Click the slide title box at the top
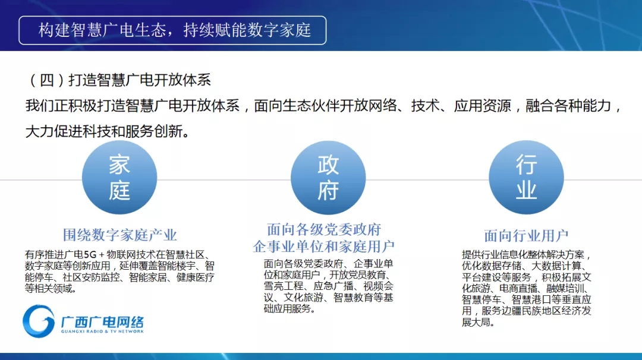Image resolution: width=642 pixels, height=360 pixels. click(172, 30)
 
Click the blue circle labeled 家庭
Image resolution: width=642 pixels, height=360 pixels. click(119, 178)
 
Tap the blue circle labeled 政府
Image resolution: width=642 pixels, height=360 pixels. click(328, 178)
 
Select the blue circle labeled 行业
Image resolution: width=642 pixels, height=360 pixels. click(526, 178)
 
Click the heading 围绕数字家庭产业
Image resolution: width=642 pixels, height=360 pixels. click(119, 235)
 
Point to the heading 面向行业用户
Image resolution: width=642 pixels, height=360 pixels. click(526, 236)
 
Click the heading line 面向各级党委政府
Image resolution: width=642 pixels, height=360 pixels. click(324, 229)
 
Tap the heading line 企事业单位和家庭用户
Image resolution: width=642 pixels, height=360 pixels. click(324, 247)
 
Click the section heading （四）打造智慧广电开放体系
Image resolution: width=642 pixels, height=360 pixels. click(119, 80)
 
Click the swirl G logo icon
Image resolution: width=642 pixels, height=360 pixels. click(39, 321)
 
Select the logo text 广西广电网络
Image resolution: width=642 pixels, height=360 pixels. click(102, 321)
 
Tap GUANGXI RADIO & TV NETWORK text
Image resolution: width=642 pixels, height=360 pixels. click(102, 331)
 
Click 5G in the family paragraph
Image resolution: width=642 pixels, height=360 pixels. click(90, 254)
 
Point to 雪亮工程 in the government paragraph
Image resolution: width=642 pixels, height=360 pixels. click(284, 286)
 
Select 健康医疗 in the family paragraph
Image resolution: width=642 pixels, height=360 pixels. click(196, 277)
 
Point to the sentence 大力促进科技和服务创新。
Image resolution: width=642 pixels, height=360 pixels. click(107, 132)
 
